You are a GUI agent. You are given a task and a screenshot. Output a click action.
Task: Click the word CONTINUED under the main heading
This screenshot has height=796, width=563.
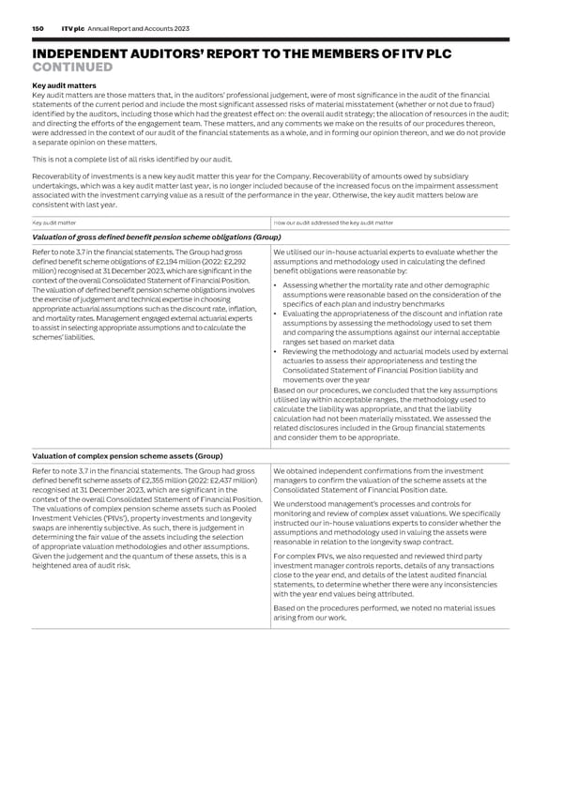[72, 67]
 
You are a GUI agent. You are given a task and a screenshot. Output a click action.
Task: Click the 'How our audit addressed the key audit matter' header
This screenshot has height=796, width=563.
[333, 222]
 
